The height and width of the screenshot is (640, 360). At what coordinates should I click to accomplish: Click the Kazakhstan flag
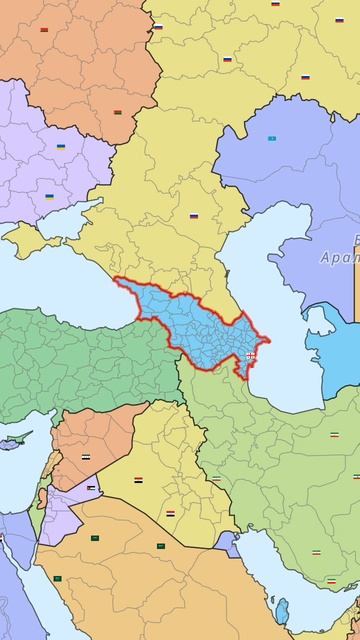pos(271,138)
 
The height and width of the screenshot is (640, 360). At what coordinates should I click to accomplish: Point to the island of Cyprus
pos(14,441)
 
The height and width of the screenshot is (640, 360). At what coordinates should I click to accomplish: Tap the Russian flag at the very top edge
pos(275,4)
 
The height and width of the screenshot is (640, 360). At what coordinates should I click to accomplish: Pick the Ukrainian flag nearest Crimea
pos(49,197)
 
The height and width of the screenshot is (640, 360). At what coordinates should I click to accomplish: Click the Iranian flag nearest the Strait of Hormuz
pos(331,581)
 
